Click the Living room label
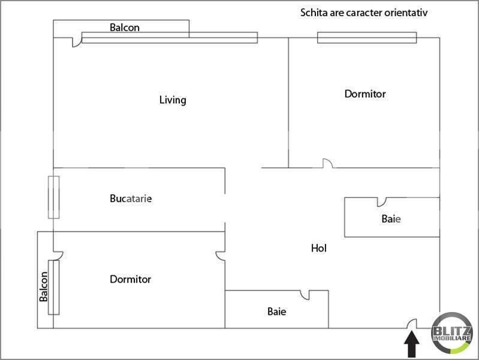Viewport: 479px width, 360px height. click(173, 100)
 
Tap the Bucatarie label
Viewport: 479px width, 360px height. click(131, 199)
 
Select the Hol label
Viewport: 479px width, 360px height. click(318, 248)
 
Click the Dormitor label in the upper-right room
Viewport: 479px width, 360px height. click(365, 94)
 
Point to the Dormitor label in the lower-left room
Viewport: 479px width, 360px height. click(131, 279)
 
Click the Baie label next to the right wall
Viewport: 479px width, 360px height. click(391, 218)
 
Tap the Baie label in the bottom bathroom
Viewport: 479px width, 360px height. click(277, 311)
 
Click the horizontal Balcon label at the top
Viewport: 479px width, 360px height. click(125, 28)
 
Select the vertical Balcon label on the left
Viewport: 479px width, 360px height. click(43, 287)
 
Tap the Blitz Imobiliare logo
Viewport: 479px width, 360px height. click(451, 333)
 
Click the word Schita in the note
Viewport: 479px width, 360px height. click(314, 13)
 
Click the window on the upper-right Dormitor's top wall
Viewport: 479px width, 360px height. click(367, 38)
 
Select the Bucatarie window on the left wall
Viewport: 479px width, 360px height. click(54, 197)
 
